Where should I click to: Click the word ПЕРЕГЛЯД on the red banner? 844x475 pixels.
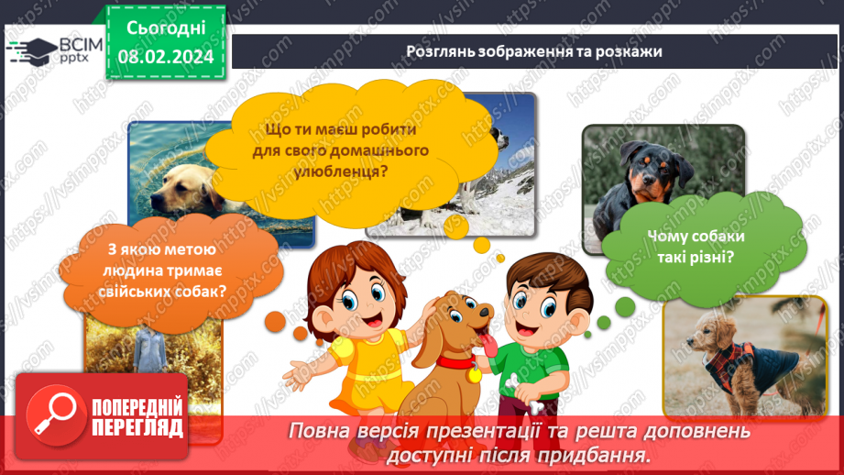(x=137, y=427)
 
